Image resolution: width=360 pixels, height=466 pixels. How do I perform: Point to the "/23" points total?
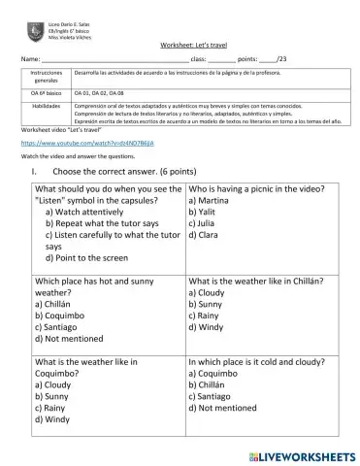pos(281,59)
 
